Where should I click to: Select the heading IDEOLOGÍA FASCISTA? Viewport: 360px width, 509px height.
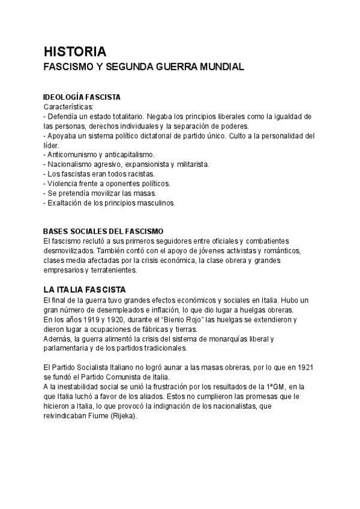[x=82, y=97]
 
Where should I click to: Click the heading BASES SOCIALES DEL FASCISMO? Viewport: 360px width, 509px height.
[x=103, y=231]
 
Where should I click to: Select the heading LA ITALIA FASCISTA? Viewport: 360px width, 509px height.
[x=85, y=289]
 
